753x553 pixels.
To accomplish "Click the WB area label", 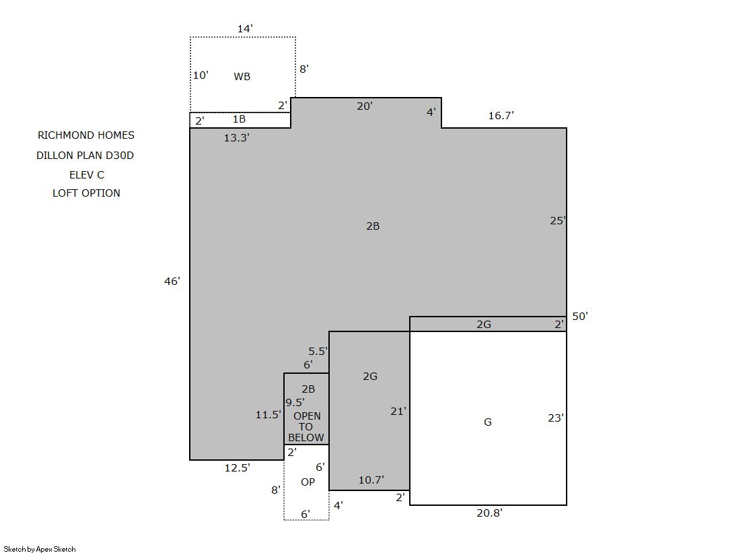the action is point(242,77).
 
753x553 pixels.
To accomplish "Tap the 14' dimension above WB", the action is point(245,29).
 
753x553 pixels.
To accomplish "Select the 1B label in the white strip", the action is point(239,119).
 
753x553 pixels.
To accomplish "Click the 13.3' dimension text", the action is point(237,138).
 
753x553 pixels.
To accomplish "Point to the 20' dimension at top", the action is point(365,106).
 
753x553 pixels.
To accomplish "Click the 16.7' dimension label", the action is point(501,116).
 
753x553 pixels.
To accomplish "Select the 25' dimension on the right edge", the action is point(558,221).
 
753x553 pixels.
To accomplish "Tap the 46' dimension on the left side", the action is point(172,282).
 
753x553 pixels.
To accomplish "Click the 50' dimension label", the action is point(580,317).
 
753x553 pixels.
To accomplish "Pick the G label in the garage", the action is point(488,422).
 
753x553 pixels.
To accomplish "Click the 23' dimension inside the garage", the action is point(556,418).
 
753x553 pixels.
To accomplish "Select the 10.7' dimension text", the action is point(371,480).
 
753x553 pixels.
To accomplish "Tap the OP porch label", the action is point(308,482).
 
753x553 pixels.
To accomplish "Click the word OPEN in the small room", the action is point(308,416).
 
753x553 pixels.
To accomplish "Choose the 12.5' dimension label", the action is point(238,468).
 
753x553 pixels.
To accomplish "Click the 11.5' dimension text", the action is point(268,414).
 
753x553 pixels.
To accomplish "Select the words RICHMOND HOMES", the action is point(86,135).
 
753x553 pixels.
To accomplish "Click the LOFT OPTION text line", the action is point(86,193).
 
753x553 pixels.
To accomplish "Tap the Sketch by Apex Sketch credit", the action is point(40,549).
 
